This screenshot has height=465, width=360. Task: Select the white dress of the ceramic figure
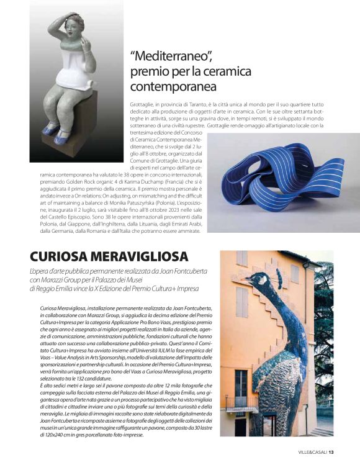tap(74, 68)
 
